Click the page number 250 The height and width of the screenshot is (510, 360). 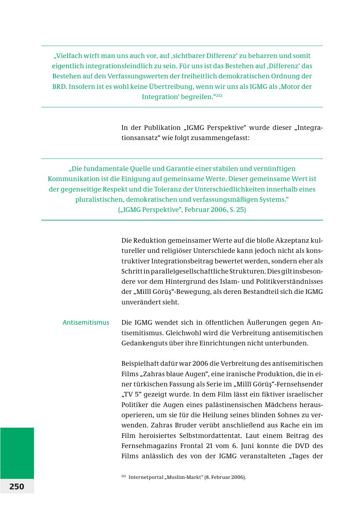pyautogui.click(x=17, y=486)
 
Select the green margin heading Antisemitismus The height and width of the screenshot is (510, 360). pyautogui.click(x=86, y=323)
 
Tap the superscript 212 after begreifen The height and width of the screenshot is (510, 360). pyautogui.click(x=219, y=96)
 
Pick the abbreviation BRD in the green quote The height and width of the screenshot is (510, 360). pyautogui.click(x=59, y=86)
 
